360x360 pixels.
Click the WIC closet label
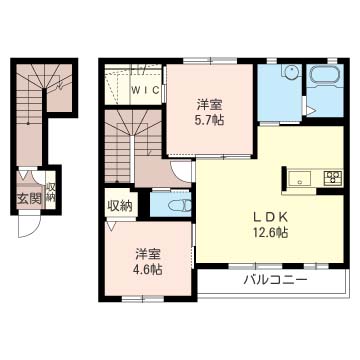(145, 90)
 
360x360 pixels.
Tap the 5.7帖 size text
(209, 120)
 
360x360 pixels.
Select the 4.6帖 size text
(149, 269)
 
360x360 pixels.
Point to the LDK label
(269, 217)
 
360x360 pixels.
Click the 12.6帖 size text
(269, 232)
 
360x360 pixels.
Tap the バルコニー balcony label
(275, 279)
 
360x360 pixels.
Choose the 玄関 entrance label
(29, 199)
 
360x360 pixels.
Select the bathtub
(325, 75)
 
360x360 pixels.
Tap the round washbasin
(292, 72)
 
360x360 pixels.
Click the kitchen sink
(300, 178)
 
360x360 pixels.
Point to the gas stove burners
(333, 178)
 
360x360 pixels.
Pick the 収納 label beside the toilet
(120, 206)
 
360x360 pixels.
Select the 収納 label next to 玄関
(51, 192)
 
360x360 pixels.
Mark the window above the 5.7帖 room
(210, 61)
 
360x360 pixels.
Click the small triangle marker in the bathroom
(310, 111)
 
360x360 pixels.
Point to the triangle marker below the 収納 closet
(111, 226)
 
